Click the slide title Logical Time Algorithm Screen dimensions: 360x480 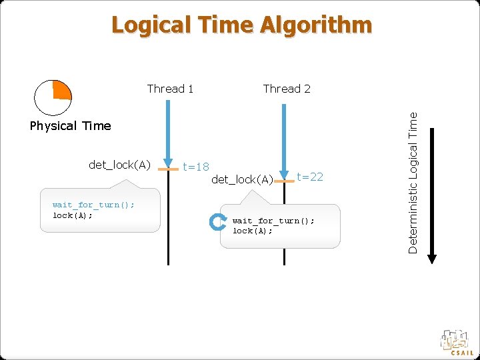(241, 25)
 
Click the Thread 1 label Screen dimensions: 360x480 (170, 89)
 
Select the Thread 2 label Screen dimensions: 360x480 (287, 89)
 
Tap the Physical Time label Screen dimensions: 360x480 (71, 126)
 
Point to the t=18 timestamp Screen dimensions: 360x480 (196, 167)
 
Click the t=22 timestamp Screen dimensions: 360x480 (310, 177)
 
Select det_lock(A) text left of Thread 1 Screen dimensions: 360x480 (120, 165)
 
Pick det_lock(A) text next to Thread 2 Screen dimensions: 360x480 (242, 179)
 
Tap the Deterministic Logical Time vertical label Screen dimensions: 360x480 (413, 181)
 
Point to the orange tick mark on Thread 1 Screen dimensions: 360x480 (169, 170)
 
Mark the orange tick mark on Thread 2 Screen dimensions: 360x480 (285, 181)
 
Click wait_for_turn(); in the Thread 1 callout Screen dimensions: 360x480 (93, 205)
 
